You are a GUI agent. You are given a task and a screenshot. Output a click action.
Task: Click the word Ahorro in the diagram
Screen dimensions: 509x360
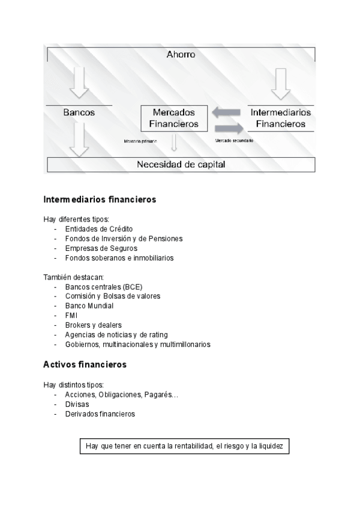pos(181,55)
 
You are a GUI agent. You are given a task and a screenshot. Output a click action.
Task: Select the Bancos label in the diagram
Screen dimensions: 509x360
pos(79,112)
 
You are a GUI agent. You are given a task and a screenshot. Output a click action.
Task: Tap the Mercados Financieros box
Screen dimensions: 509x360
pos(175,118)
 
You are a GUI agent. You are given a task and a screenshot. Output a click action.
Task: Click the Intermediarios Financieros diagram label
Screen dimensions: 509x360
pos(280,118)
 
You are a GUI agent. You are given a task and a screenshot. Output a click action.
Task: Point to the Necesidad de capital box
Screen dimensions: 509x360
pos(181,164)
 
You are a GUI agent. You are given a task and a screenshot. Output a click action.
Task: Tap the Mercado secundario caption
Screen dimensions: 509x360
pos(234,140)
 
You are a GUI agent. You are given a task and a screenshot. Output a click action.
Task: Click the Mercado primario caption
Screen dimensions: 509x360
pos(140,141)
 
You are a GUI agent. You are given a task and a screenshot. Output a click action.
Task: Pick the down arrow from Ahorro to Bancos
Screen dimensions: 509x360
pos(79,82)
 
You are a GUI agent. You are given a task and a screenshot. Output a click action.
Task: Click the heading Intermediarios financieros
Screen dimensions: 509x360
pos(100,199)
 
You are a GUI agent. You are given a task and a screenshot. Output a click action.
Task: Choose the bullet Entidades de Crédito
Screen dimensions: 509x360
pos(99,229)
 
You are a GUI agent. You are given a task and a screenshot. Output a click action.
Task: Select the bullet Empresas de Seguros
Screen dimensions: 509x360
pos(101,248)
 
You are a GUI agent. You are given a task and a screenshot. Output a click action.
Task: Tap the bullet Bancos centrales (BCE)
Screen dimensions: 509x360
pos(103,286)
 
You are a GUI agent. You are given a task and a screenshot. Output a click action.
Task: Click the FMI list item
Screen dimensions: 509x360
pos(71,315)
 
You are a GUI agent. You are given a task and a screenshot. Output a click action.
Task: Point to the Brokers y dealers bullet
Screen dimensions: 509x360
pos(93,325)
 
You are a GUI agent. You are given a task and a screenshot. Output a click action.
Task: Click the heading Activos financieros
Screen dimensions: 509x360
pos(85,364)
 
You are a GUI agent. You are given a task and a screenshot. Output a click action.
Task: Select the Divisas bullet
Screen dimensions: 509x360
pos(77,404)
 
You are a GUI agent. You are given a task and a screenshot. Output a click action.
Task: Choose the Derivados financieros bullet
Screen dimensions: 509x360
pos(100,414)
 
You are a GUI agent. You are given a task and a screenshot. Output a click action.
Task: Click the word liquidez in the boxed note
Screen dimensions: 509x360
pos(274,447)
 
